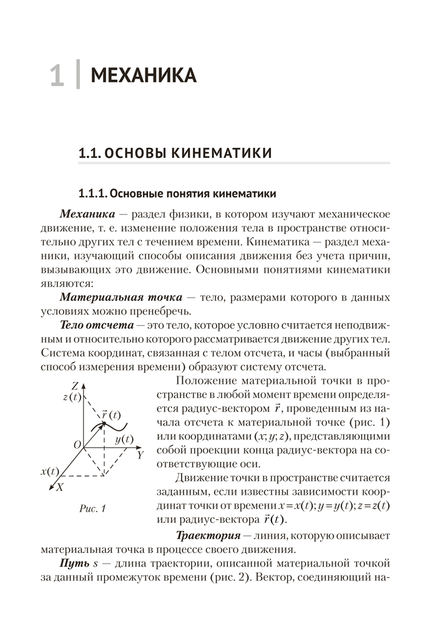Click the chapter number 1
pos(56,75)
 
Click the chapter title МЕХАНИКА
pos(144,76)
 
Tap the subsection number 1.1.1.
pos(94,191)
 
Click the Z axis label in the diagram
pos(74,384)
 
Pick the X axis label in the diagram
pos(59,488)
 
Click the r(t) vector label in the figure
pos(111,414)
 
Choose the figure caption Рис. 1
pos(93,508)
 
